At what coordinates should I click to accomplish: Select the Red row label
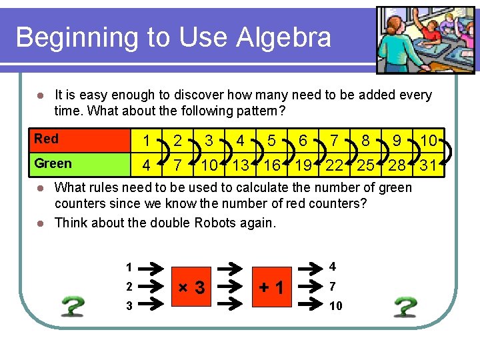coord(47,139)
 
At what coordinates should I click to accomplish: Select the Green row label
coord(53,163)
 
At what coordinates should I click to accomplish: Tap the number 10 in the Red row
coord(429,141)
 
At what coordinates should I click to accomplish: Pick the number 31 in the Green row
coord(429,165)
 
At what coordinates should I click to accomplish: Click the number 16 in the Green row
coord(271,165)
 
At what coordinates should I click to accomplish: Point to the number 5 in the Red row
coord(271,141)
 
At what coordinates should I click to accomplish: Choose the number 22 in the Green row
coord(334,165)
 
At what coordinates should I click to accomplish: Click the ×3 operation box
coord(190,288)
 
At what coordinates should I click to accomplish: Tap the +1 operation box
coord(273,288)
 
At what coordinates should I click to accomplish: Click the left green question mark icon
coord(73,306)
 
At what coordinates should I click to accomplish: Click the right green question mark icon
coord(405,306)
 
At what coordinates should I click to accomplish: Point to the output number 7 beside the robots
coord(332,287)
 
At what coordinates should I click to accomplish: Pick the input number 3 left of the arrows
coord(129,305)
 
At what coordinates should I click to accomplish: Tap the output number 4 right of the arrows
coord(332,267)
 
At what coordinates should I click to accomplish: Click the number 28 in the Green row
coord(397,165)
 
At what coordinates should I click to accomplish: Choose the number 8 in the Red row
coord(365,141)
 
